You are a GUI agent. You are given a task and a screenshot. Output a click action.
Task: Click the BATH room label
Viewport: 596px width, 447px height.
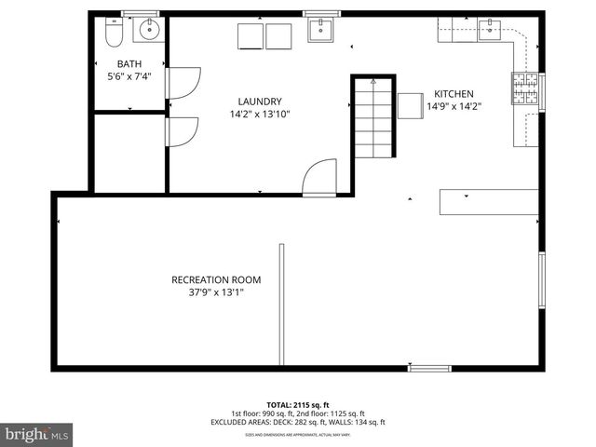coord(129,64)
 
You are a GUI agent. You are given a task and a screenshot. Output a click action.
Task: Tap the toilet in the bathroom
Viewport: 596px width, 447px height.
coord(114,34)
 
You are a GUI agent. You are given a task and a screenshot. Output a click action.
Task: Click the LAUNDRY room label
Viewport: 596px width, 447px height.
coord(259,102)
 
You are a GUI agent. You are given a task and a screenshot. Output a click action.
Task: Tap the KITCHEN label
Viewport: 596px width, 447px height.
coord(454,94)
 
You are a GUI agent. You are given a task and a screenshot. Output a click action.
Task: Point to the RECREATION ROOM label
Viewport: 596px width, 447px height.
coord(216,279)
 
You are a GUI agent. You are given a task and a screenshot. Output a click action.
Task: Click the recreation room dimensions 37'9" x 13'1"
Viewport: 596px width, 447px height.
coord(216,291)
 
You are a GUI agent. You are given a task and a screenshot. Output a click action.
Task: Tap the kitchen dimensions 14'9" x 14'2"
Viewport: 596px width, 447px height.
coord(454,106)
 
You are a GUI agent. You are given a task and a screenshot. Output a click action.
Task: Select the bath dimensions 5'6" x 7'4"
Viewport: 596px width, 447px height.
coord(129,76)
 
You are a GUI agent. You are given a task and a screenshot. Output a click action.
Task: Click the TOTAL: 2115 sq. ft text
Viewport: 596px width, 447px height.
coord(298,405)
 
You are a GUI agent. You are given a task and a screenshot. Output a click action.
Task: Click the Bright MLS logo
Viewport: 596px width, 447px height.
coord(37,434)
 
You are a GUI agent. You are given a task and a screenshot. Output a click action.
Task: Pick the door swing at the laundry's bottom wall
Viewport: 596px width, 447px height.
coord(319,177)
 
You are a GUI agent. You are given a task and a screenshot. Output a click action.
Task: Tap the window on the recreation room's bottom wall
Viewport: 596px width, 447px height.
coord(429,369)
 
